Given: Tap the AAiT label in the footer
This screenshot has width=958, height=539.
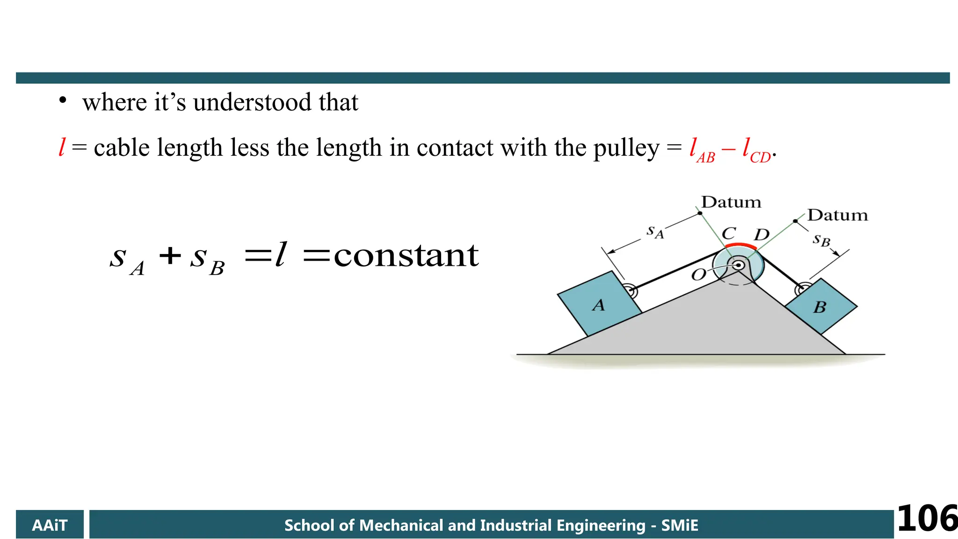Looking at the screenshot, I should [50, 525].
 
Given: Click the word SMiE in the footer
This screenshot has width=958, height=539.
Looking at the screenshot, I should [679, 525].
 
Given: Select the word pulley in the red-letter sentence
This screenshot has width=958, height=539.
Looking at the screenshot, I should [626, 148].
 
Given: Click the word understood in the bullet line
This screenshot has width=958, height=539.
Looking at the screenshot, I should [252, 102].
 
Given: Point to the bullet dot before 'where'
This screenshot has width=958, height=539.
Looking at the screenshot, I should [63, 101].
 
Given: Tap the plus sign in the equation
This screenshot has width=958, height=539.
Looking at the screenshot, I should [170, 255].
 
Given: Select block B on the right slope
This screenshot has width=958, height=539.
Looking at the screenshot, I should [821, 306].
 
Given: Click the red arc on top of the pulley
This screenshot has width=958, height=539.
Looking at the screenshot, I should [740, 246].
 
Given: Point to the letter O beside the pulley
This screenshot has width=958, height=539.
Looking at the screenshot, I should [698, 275].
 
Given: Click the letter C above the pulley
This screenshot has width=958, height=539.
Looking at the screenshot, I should [729, 233].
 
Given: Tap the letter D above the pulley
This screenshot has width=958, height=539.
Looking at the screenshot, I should [762, 234].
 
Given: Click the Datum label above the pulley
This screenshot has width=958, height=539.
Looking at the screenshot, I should [731, 202].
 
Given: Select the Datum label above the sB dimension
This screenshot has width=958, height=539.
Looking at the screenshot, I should [837, 215].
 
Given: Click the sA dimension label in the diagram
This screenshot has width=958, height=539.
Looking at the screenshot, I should [655, 231].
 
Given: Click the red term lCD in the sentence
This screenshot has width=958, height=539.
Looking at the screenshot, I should [756, 150].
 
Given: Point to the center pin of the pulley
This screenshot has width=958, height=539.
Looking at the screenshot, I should [739, 265].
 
